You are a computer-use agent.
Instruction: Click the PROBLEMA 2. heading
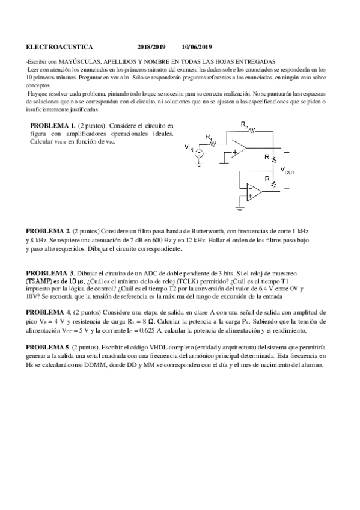(x=49, y=231)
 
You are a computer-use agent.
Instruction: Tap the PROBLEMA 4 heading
(x=48, y=313)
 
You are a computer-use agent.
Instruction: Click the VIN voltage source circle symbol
(x=199, y=155)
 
